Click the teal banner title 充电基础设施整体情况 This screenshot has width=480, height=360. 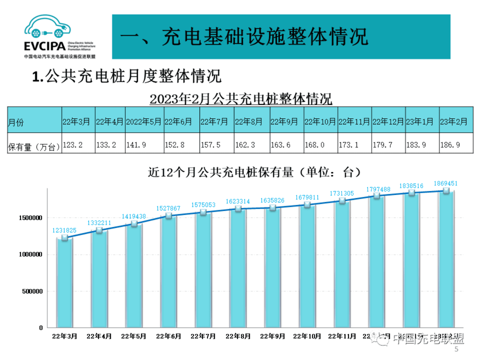tap(265, 37)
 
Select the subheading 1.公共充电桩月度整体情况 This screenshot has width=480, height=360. tap(127, 76)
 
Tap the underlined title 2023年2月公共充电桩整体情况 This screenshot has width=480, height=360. tap(241, 99)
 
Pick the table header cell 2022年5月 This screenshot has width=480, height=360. tap(144, 122)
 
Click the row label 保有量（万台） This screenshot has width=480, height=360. tap(34, 147)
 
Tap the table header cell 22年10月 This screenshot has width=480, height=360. tap(320, 122)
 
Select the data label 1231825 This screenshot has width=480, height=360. tap(64, 231)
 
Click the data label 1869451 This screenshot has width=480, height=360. tap(446, 183)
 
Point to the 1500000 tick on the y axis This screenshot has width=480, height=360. tap(31, 218)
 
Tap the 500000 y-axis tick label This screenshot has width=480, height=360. tap(32, 291)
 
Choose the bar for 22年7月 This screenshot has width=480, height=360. tap(203, 269)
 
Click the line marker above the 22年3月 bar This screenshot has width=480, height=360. tap(65, 238)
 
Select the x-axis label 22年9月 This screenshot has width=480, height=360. tap(273, 336)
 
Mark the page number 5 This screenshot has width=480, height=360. tap(456, 349)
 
